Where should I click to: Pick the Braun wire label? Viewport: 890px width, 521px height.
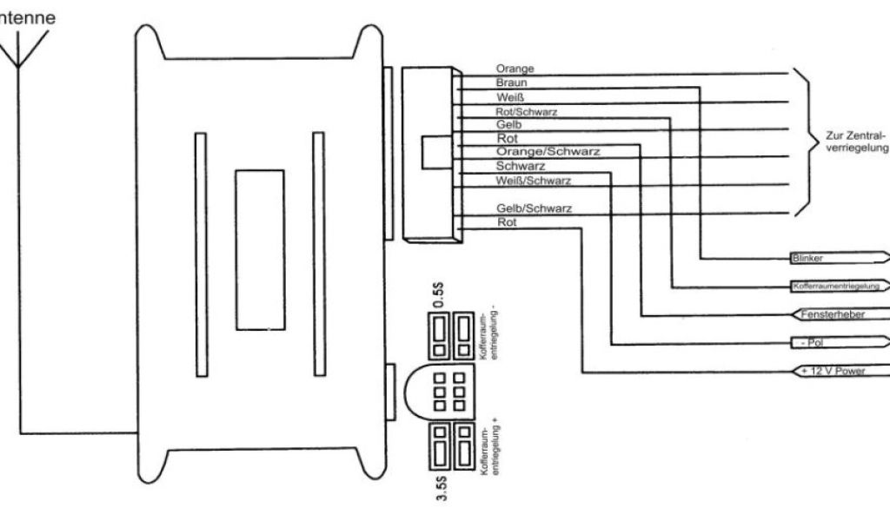[x=512, y=82]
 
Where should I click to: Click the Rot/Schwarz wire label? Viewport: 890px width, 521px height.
[x=527, y=111]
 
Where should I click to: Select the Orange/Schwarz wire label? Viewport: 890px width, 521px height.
[x=548, y=151]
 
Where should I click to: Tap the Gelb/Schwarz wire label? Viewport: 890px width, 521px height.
[x=534, y=208]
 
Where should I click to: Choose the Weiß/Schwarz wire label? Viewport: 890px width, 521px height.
[x=533, y=180]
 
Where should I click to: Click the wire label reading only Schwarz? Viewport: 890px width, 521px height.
[x=521, y=165]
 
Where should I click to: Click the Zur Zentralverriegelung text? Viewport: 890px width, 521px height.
[x=855, y=142]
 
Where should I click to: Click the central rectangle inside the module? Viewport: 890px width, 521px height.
[x=259, y=249]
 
